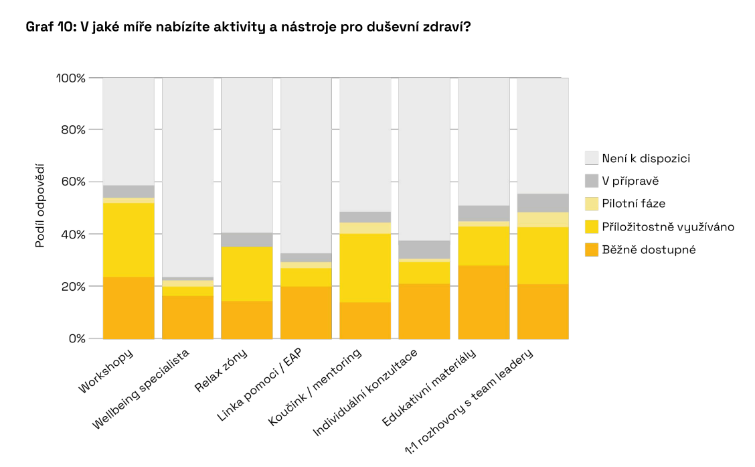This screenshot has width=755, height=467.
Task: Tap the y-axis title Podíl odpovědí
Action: point(39,205)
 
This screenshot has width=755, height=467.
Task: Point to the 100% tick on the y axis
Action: point(70,78)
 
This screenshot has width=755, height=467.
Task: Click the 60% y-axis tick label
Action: point(73,182)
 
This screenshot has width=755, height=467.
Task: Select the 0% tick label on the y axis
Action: point(77,338)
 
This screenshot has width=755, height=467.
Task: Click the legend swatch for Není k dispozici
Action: point(591,158)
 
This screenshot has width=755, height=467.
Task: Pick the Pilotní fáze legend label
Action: point(633,204)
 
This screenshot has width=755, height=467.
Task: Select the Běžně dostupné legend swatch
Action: point(591,249)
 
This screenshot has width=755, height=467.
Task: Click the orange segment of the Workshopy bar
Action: point(129,308)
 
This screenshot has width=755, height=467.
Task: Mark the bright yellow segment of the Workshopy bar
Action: point(129,240)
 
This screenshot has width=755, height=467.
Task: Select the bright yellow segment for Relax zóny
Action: point(247,274)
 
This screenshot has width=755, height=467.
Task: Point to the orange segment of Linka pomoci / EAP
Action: point(306,312)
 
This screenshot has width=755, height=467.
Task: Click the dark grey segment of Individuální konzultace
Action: point(424,249)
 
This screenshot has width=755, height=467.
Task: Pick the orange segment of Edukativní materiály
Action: point(483,302)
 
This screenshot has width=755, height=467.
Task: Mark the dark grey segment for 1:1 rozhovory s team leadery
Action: point(543,203)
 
